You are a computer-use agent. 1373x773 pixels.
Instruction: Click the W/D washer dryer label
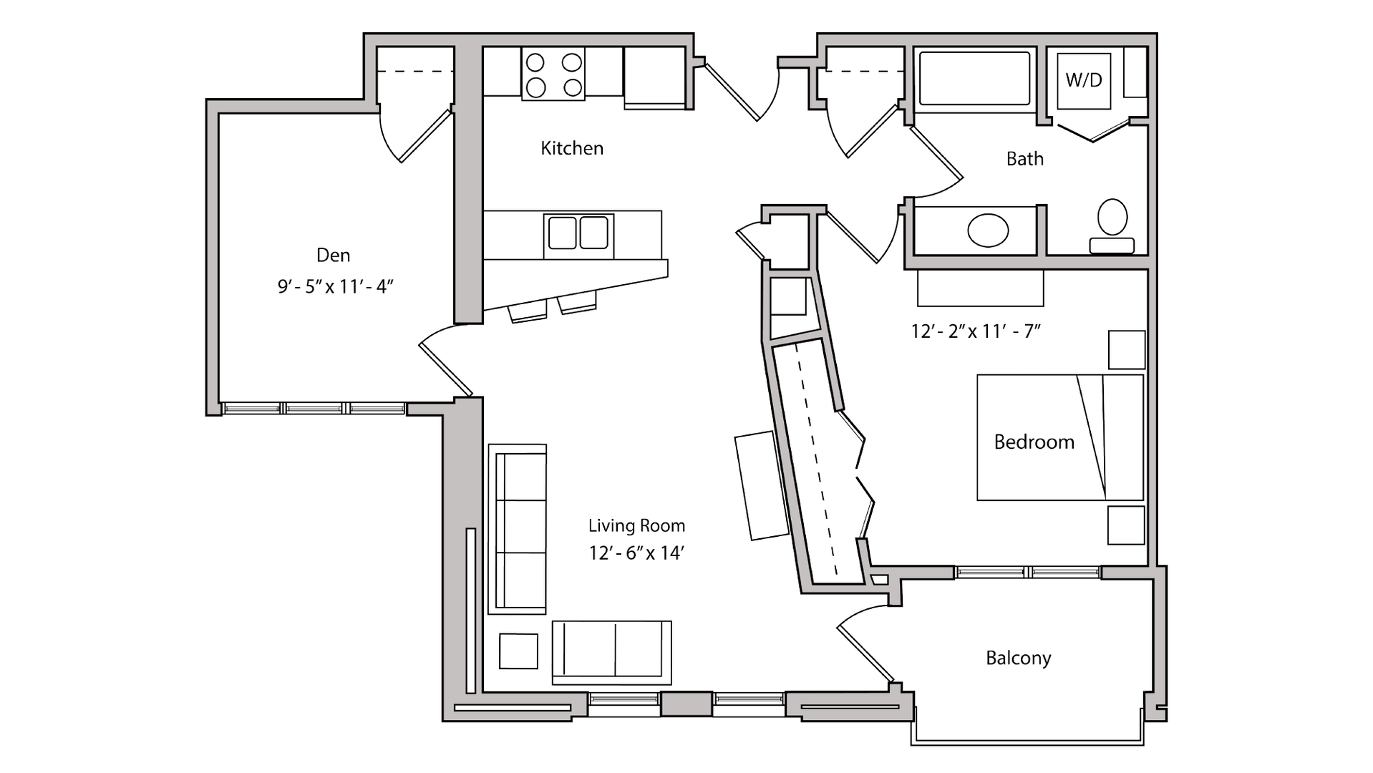1083,80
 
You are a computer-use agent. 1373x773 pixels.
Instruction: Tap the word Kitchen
572,148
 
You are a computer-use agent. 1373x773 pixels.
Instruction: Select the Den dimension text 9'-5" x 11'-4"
336,287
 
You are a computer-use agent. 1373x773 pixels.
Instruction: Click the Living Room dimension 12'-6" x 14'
636,553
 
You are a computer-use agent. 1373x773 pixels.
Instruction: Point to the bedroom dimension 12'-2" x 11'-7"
975,331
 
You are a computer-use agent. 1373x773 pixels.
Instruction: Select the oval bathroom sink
988,230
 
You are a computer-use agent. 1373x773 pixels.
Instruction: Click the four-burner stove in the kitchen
553,74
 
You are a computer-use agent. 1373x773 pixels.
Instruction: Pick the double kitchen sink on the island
578,233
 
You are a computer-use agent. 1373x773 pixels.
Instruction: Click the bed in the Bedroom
1059,437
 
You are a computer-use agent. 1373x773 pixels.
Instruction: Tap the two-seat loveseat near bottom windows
611,652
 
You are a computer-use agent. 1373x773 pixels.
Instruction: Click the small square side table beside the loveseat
518,651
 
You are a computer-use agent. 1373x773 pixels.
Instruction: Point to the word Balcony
1018,658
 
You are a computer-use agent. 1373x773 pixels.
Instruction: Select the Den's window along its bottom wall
315,409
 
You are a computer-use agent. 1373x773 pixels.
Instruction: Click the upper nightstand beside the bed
1126,349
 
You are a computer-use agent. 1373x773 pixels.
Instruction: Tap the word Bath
1024,159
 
